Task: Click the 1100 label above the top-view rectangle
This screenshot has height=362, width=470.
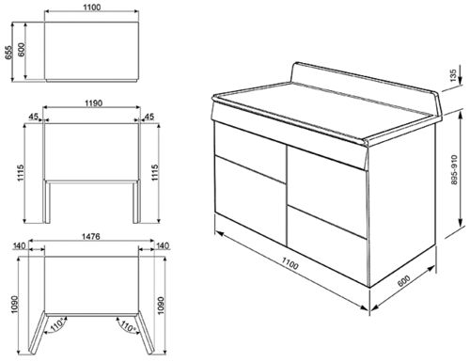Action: point(91,8)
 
